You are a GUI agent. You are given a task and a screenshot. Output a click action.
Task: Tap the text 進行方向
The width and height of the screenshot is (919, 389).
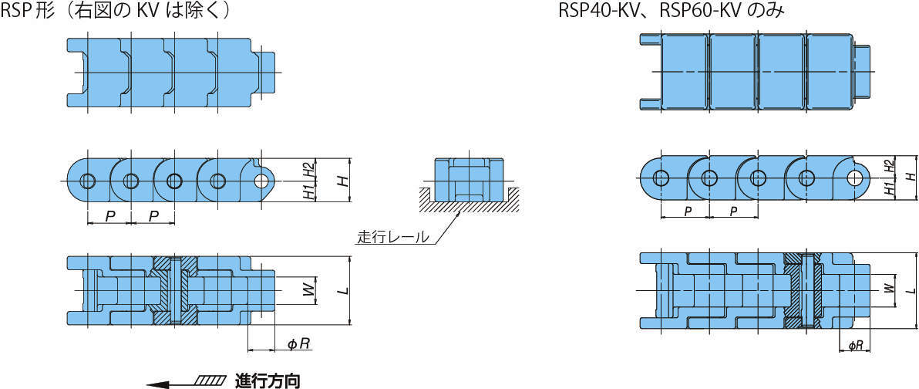(267, 380)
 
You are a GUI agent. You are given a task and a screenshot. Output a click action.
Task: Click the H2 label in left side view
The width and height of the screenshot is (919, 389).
(308, 171)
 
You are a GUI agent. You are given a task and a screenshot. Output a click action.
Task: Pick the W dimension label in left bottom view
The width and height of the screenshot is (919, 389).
(307, 290)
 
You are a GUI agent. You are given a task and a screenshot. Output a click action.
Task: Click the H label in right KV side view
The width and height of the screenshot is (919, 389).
(910, 177)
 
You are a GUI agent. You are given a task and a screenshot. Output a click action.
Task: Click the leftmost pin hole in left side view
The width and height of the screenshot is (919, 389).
(87, 181)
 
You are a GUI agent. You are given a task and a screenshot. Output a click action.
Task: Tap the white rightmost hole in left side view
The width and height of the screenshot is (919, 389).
(264, 181)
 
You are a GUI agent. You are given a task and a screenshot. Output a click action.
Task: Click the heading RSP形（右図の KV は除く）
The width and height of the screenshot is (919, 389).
(116, 11)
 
